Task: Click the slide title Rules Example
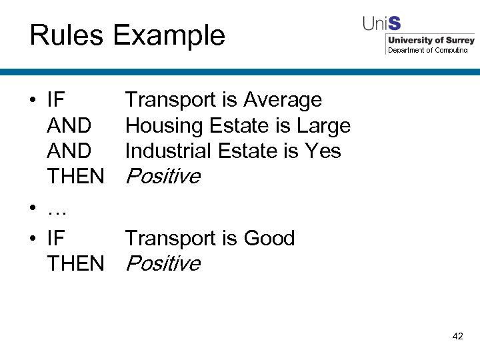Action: [127, 35]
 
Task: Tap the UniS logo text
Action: [381, 23]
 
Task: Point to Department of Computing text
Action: [428, 51]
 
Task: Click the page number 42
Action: [457, 337]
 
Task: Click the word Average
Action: [283, 100]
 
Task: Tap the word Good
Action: [269, 238]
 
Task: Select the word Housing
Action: [164, 125]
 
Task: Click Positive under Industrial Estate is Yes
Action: [163, 176]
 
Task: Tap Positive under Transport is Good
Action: [163, 263]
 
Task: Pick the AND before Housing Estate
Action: [69, 125]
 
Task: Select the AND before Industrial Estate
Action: [69, 151]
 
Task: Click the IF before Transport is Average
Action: [56, 100]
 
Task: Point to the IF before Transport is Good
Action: [56, 238]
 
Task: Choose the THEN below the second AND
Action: [75, 176]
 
